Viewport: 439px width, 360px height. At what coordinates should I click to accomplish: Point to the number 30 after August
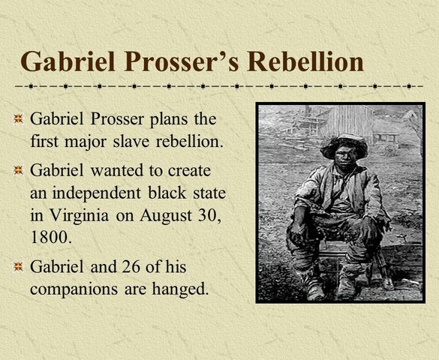pyautogui.click(x=212, y=214)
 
